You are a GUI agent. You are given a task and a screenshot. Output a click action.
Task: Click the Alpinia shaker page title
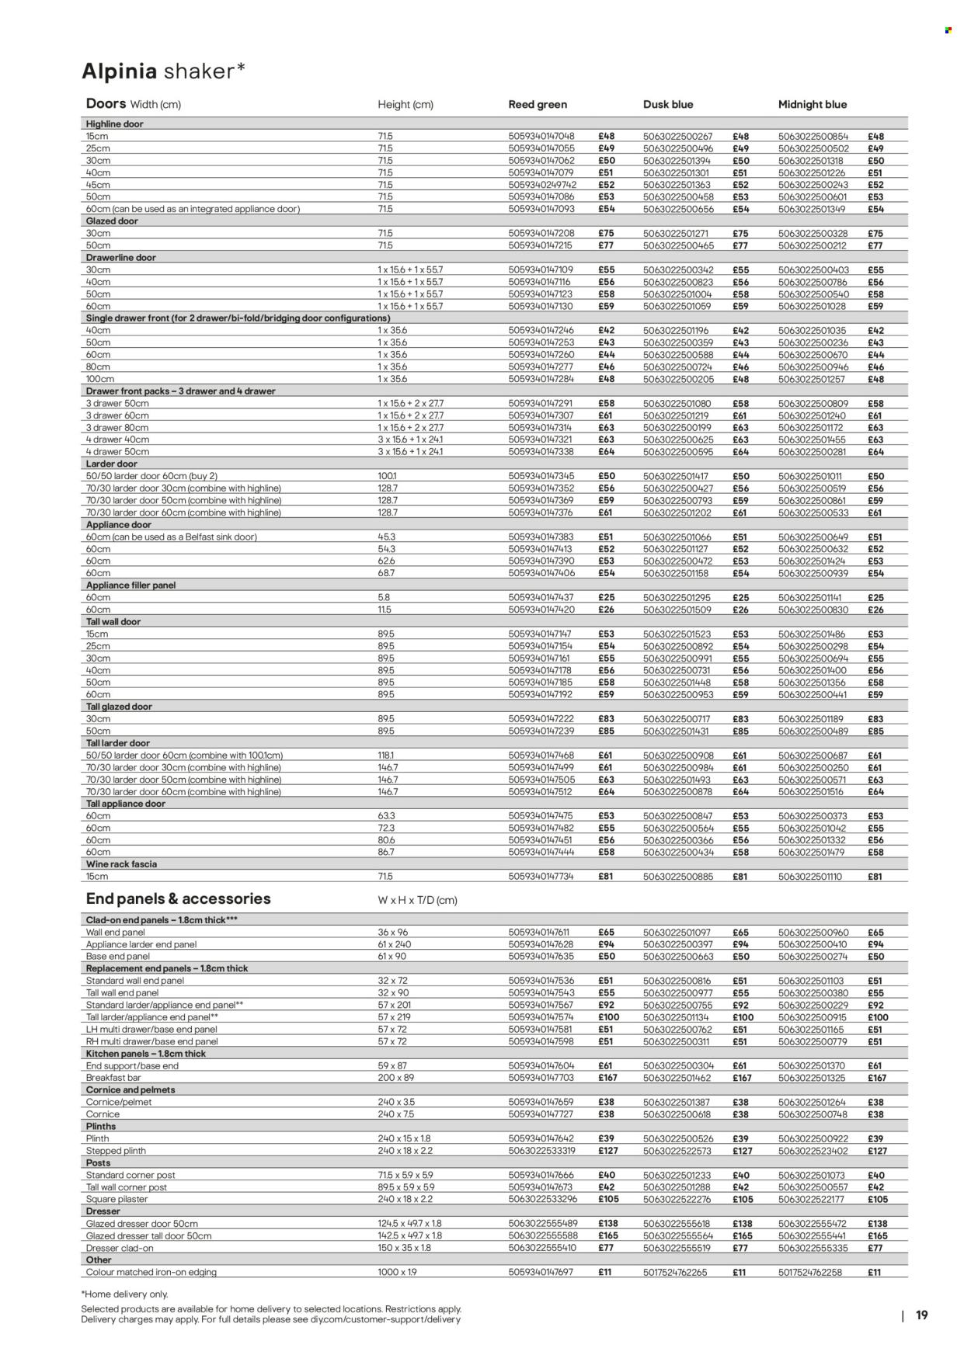(164, 71)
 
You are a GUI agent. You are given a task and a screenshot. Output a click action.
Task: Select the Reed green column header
(538, 104)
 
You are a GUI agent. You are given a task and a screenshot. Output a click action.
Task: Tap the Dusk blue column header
(668, 104)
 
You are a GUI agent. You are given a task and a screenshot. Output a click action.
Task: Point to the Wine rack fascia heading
(121, 864)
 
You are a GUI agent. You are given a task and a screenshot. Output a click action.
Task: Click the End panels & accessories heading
(178, 898)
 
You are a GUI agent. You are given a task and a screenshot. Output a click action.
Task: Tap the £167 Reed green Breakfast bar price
(609, 1078)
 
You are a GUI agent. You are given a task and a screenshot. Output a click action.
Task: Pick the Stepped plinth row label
(116, 1151)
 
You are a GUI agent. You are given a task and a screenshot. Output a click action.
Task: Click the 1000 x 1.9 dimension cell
(398, 1273)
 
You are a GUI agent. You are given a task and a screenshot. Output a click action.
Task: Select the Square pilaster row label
(117, 1200)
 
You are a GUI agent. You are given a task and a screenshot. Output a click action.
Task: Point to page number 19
(922, 1315)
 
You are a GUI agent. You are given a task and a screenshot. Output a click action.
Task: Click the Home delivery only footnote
(124, 1294)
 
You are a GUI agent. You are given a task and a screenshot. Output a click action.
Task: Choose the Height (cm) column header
(405, 104)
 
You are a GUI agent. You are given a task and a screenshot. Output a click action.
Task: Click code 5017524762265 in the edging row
(676, 1273)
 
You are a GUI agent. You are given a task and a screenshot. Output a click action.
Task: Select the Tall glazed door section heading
(119, 707)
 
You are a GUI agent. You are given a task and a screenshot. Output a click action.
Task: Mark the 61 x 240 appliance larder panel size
(394, 944)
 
